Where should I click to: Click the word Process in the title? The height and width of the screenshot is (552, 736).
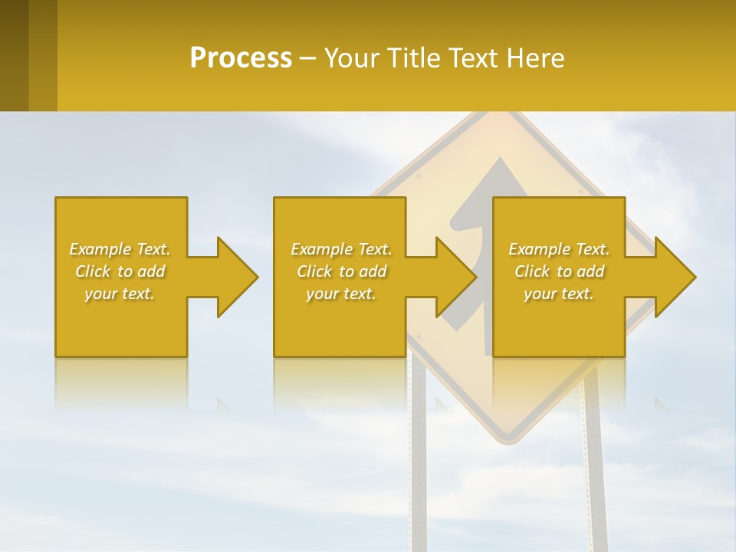[x=241, y=58]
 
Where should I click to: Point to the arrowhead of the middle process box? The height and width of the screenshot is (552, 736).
[x=455, y=277]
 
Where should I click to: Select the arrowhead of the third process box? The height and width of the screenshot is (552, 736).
[x=675, y=277]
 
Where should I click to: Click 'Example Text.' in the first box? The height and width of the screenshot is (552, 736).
[x=120, y=249]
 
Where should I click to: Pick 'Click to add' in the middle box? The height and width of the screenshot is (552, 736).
[x=341, y=271]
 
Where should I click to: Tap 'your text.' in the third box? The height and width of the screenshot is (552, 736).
[x=559, y=294]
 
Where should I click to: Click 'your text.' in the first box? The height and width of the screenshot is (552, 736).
[x=120, y=294]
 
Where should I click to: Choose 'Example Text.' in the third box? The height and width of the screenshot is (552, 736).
[x=559, y=249]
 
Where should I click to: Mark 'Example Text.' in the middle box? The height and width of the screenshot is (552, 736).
[x=341, y=249]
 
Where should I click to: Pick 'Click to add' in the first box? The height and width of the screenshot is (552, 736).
[x=120, y=271]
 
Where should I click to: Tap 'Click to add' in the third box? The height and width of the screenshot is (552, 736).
[x=559, y=271]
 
